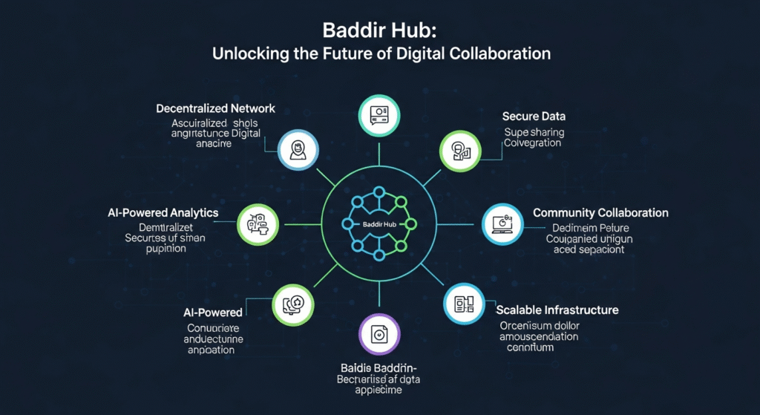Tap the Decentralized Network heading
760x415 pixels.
pos(215,108)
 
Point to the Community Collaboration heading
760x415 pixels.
pos(600,213)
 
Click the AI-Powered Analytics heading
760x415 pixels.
pos(163,213)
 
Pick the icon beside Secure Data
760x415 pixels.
pos(455,151)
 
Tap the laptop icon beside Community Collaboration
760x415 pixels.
pos(502,223)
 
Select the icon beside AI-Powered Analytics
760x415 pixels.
pos(257,222)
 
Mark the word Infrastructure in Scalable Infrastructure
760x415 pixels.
pos(585,310)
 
